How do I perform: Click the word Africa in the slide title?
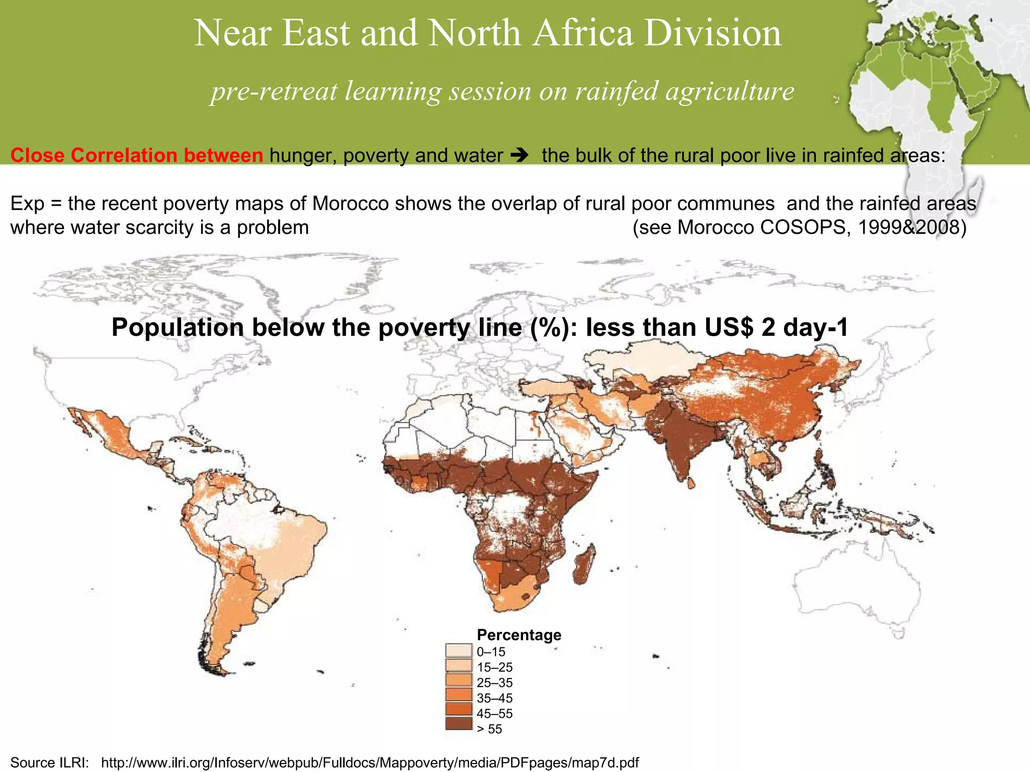click(583, 33)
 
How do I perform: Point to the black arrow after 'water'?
click(519, 155)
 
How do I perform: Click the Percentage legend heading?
click(519, 635)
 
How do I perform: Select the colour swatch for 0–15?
click(459, 651)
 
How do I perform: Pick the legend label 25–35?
click(494, 683)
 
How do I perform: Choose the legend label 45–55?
click(494, 713)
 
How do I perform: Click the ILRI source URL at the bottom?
click(370, 762)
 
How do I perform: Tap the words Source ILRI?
click(49, 762)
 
